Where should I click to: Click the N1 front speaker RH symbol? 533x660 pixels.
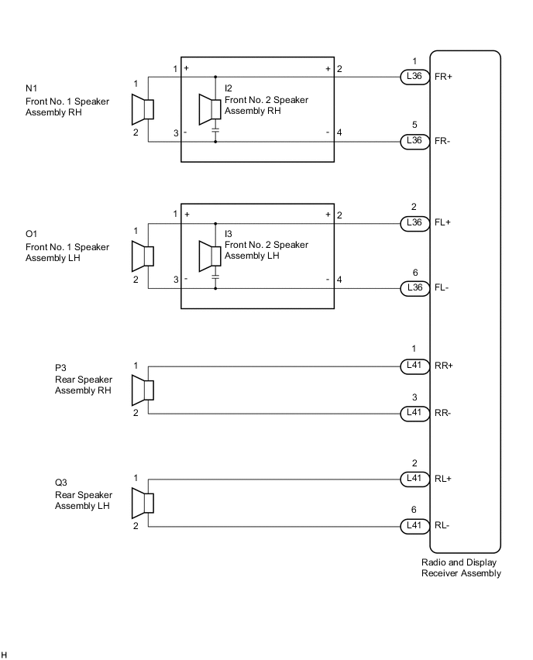click(x=143, y=110)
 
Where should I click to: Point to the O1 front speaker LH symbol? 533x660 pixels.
click(x=143, y=256)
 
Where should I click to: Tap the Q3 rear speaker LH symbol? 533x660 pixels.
click(x=143, y=503)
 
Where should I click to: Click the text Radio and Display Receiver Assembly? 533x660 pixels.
click(x=461, y=568)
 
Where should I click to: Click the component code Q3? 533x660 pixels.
click(x=61, y=483)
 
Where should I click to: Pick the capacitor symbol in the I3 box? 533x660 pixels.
click(x=215, y=277)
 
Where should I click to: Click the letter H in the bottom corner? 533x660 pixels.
click(x=4, y=655)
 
